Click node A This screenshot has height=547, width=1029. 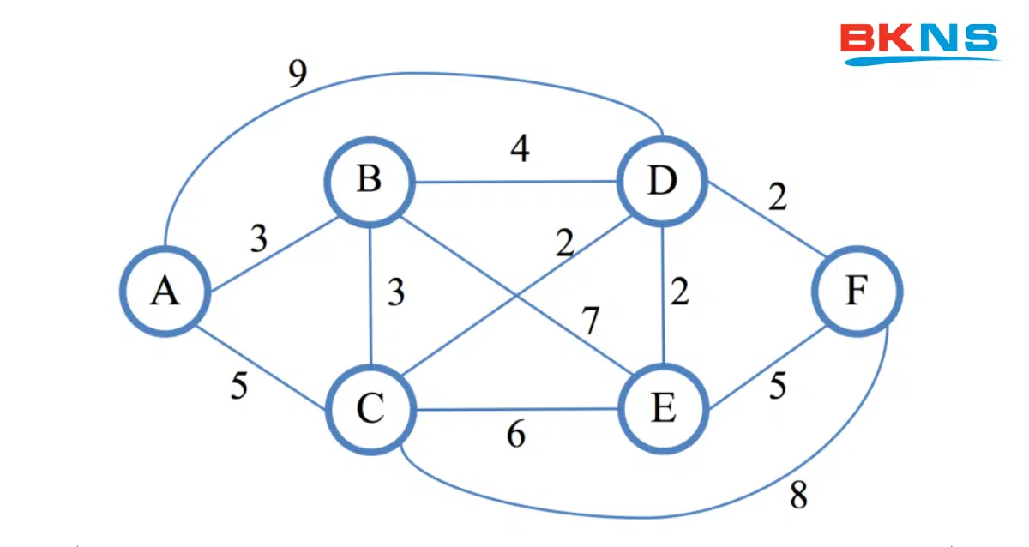tap(164, 292)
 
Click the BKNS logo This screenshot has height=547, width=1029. tap(919, 43)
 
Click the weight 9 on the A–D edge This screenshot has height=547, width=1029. tap(297, 75)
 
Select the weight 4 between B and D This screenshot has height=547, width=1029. tap(519, 148)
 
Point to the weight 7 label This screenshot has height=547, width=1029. tap(590, 321)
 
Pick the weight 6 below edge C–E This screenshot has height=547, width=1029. tap(515, 436)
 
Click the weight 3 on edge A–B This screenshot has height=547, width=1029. tap(258, 239)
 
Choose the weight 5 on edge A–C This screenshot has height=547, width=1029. tap(238, 386)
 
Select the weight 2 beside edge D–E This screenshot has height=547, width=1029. tap(679, 292)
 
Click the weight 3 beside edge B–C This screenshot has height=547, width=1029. tap(394, 292)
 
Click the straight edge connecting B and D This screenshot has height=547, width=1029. tap(514, 182)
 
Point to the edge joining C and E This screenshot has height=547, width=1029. tap(514, 409)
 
